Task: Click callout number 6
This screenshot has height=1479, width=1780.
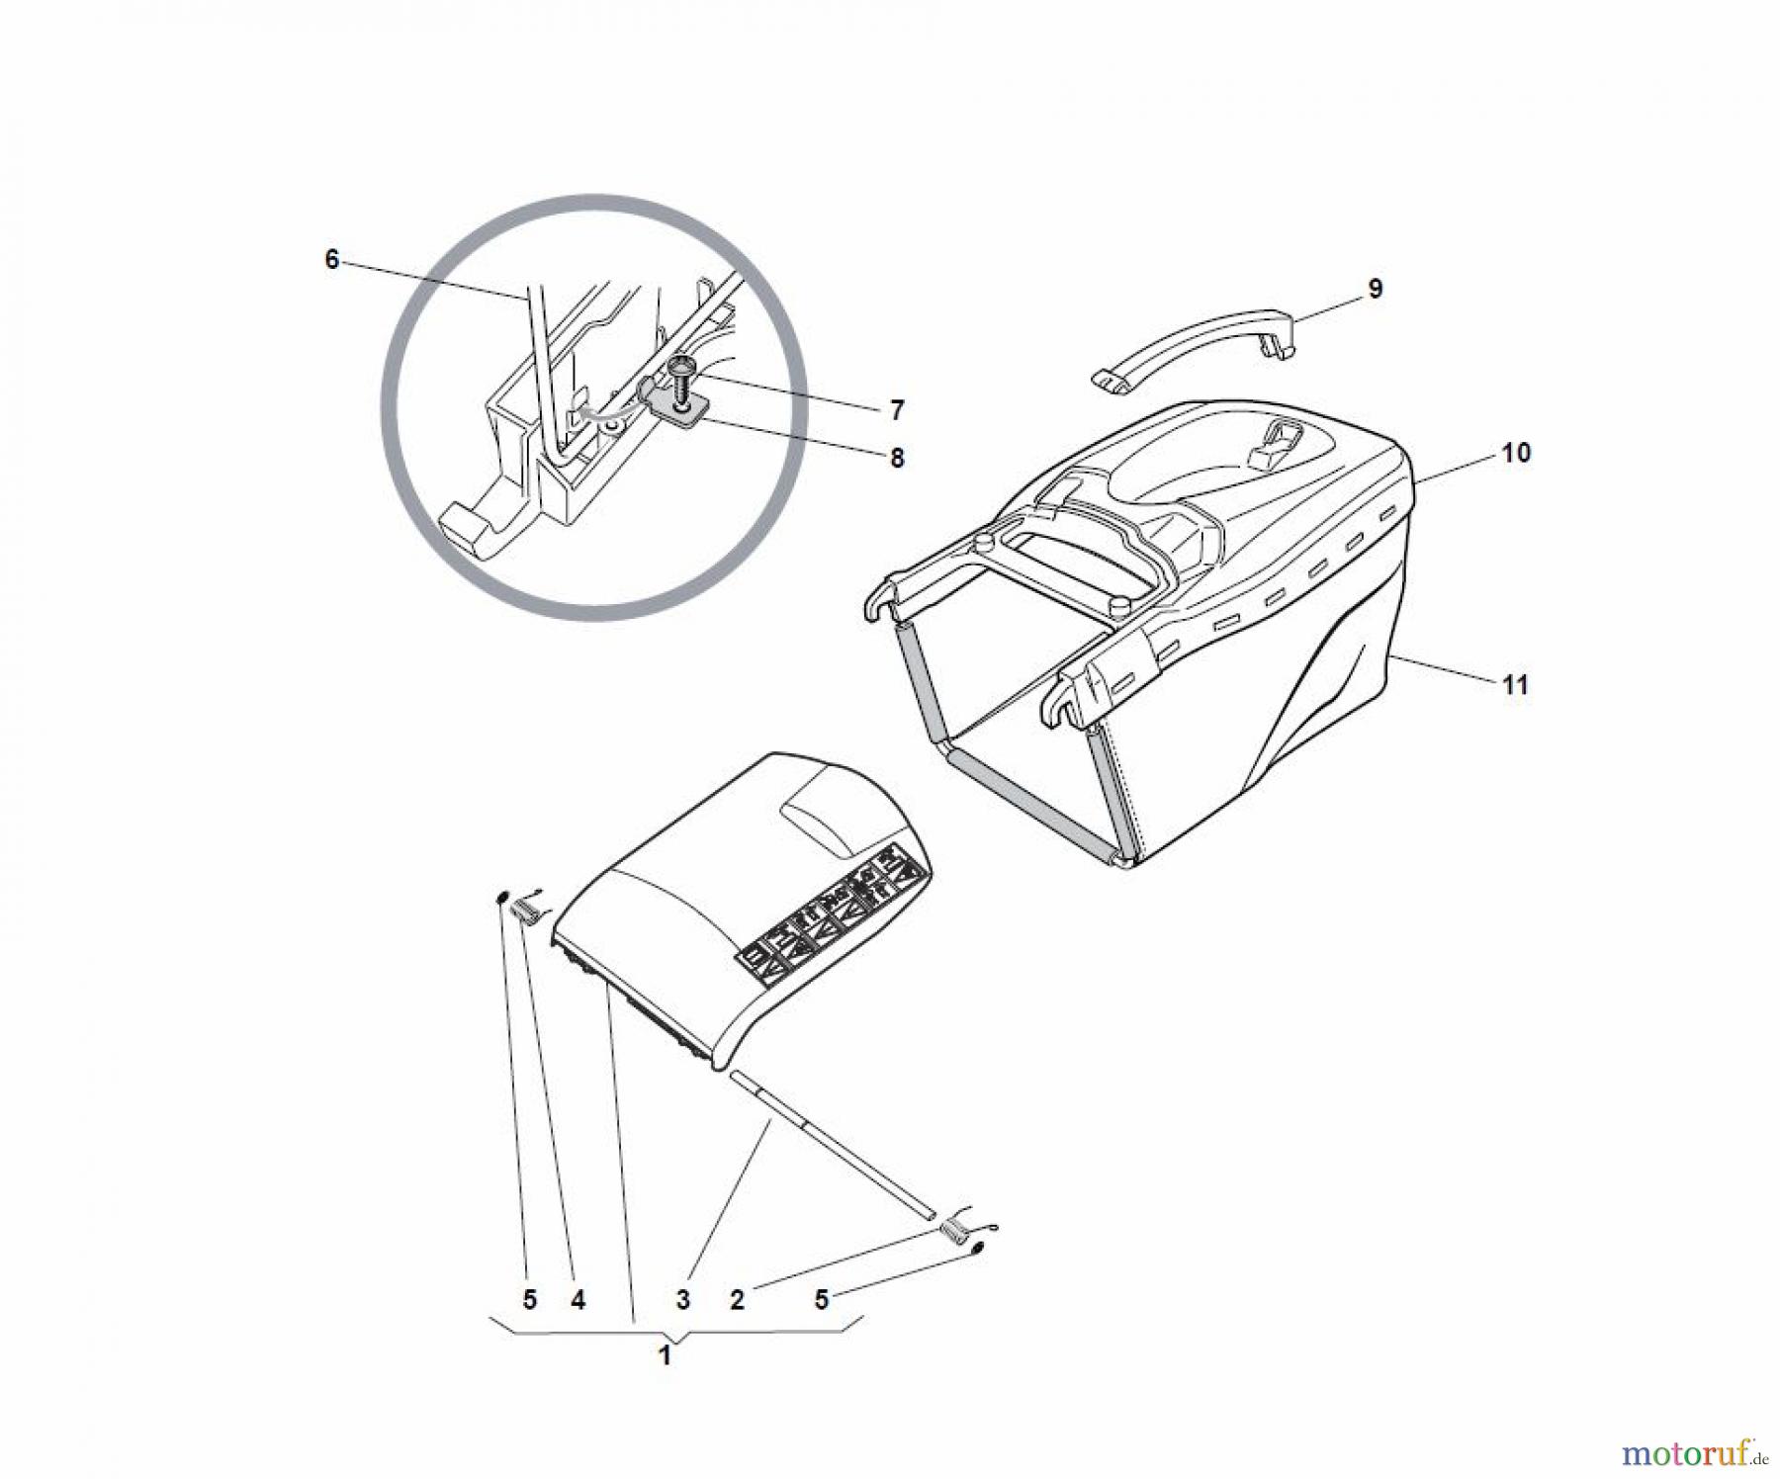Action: pos(331,259)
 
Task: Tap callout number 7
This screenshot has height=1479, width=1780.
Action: pos(897,409)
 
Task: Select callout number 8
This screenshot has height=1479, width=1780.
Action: pos(897,459)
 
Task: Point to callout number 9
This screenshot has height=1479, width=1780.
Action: pos(1376,289)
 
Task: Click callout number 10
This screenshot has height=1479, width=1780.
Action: pos(1516,453)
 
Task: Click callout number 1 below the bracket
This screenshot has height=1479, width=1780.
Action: pos(666,1355)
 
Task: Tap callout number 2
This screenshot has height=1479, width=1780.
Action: pos(737,1300)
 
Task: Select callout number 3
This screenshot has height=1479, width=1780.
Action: pos(682,1300)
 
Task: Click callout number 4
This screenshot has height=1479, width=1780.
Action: pos(578,1300)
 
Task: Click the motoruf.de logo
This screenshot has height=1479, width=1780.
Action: pos(1694,1452)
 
